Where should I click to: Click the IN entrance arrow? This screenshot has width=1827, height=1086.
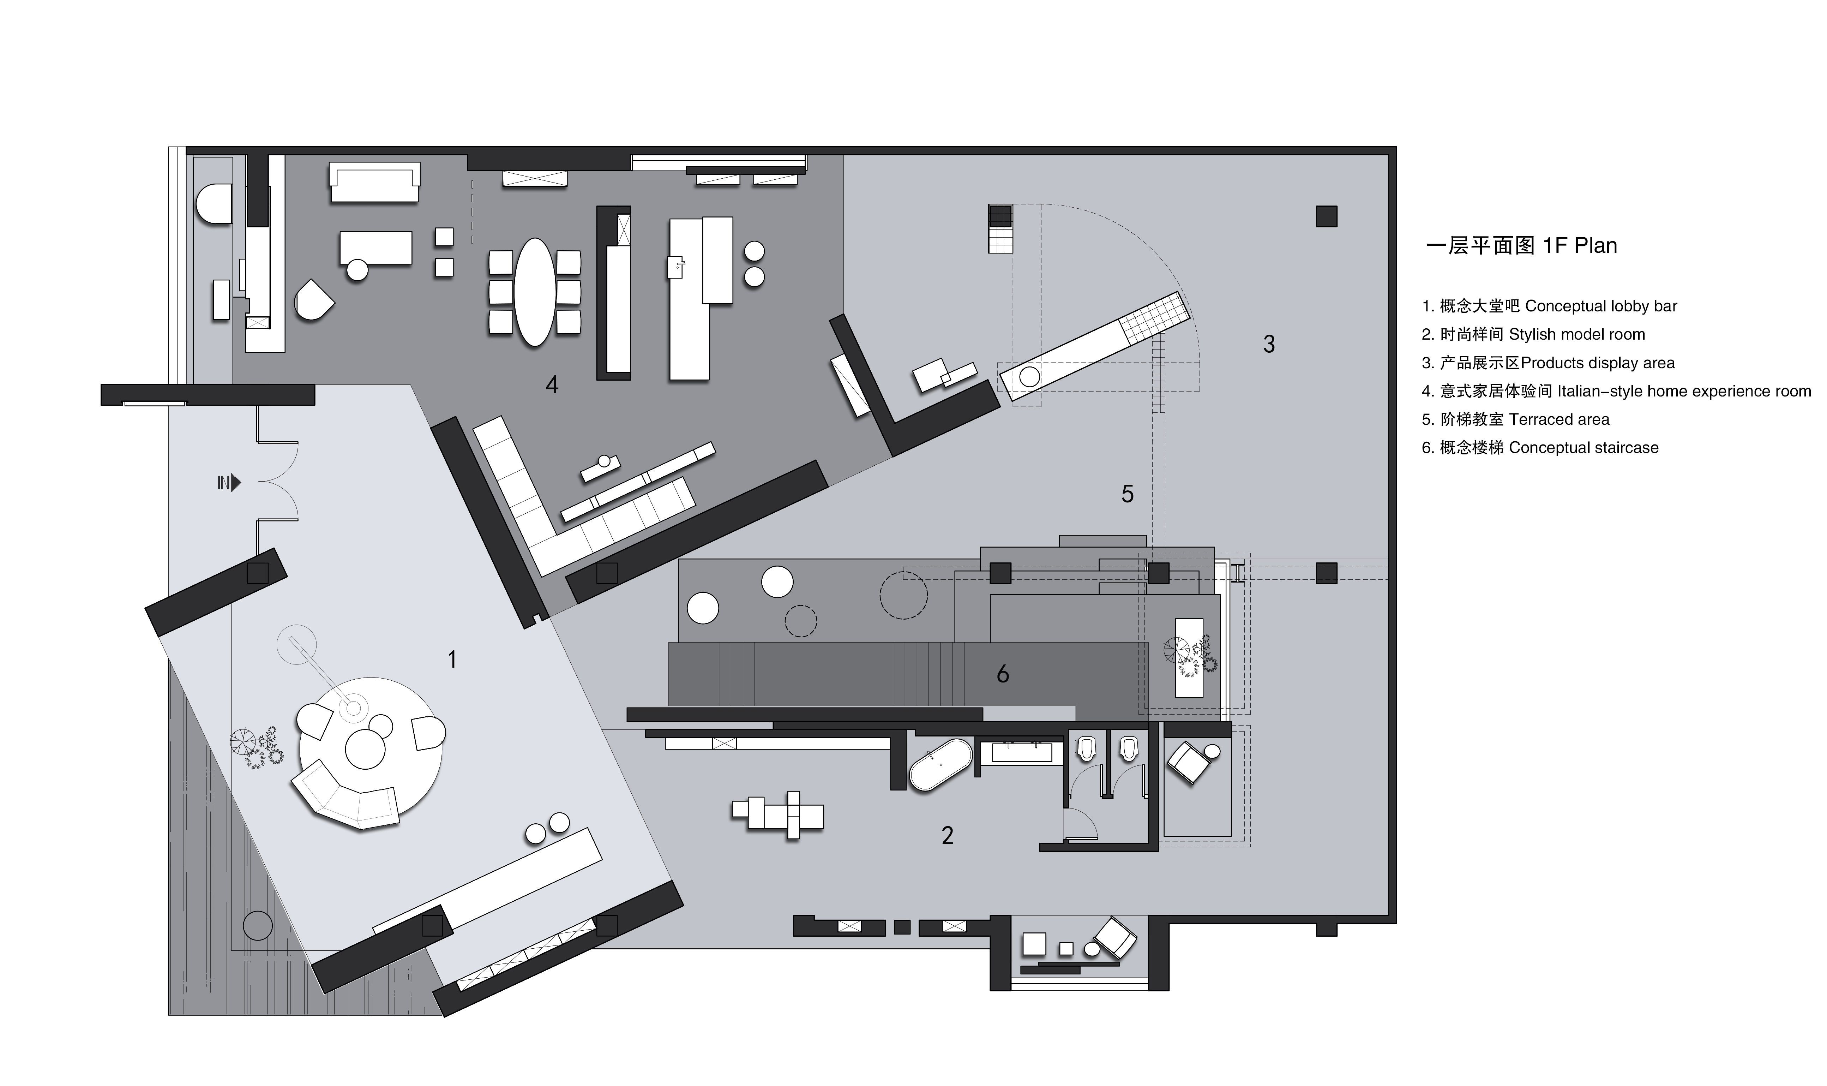[x=235, y=483]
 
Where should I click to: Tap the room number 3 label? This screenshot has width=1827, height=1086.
[x=1269, y=344]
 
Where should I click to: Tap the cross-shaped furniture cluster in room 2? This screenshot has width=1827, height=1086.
[x=777, y=814]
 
